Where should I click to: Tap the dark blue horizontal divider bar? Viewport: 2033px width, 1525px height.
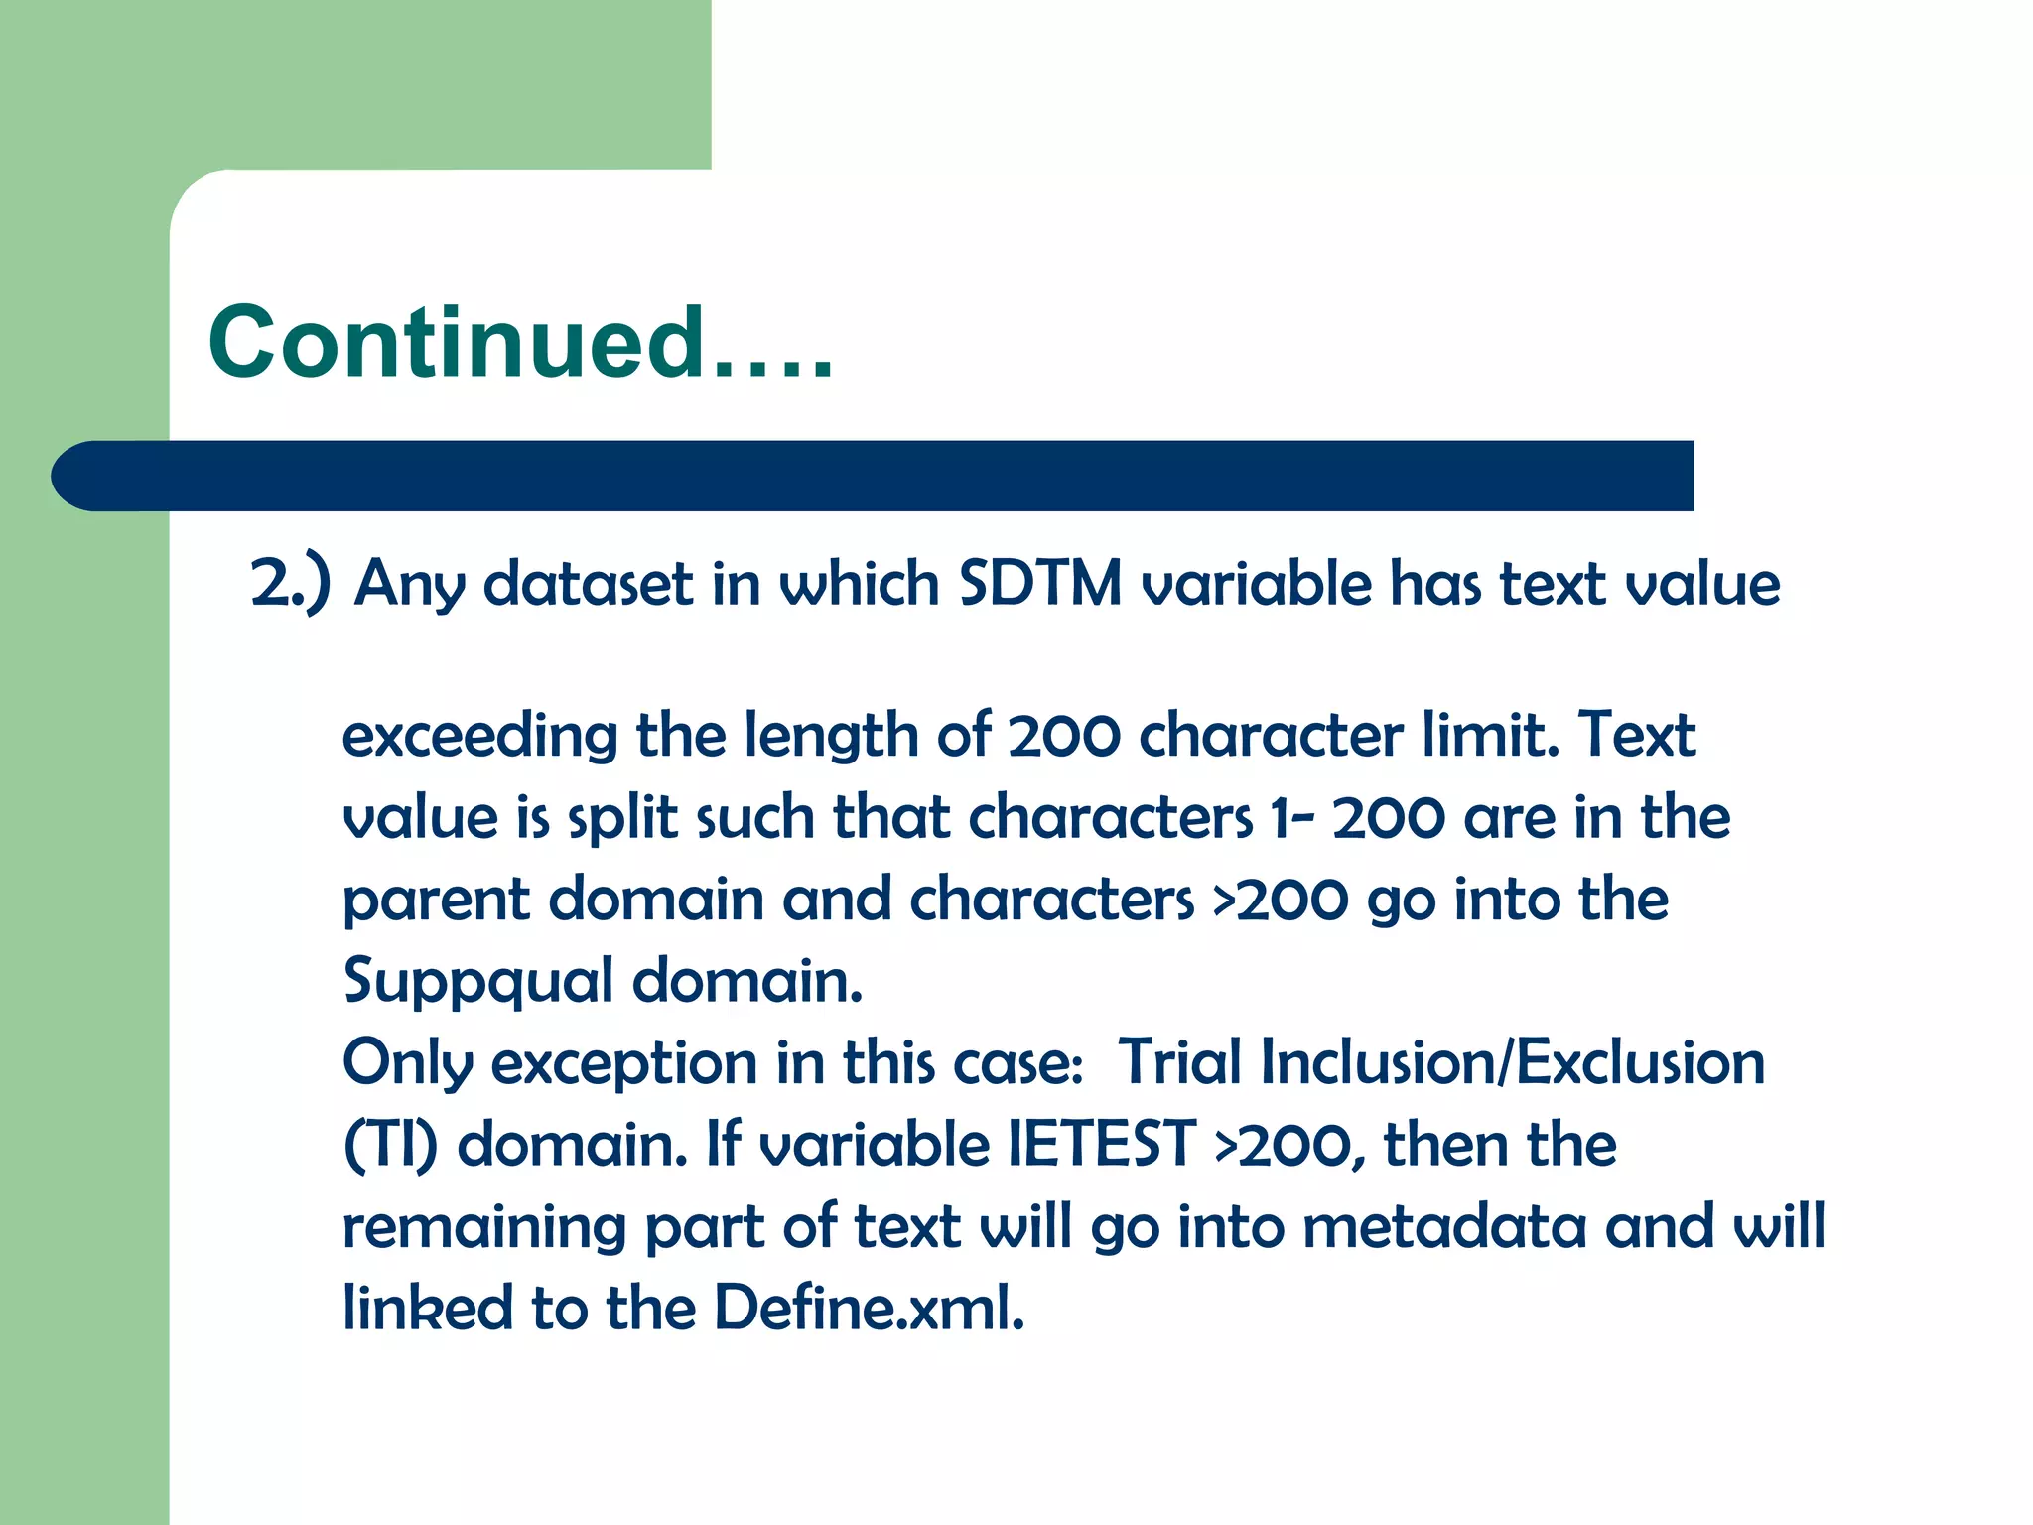click(874, 476)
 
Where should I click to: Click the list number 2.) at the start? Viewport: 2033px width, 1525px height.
click(289, 584)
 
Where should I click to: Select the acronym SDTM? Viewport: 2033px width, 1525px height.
click(1040, 583)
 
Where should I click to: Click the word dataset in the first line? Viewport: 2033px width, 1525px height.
click(588, 584)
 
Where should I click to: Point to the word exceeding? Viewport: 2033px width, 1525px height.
click(479, 736)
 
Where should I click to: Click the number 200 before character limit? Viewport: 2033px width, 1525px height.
click(1063, 736)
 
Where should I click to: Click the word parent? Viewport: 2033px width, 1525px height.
click(436, 901)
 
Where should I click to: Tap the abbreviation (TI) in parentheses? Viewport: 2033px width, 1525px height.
click(390, 1146)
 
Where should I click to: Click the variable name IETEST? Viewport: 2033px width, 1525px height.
click(1102, 1145)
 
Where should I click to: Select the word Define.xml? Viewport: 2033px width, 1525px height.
click(869, 1309)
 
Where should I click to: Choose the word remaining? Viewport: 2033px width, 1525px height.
click(484, 1228)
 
